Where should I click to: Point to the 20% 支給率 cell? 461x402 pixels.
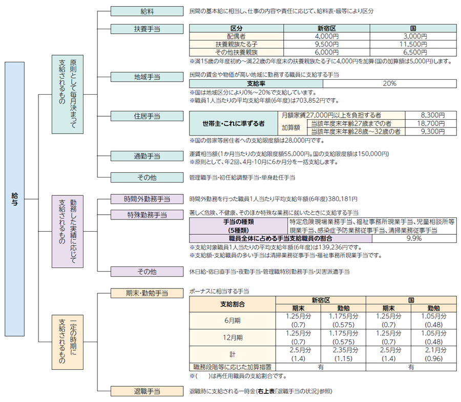[x=388, y=84]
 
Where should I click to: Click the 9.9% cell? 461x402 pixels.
[x=413, y=238]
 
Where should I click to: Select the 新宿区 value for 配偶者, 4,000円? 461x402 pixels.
[x=326, y=37]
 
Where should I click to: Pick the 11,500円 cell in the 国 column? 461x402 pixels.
[x=412, y=44]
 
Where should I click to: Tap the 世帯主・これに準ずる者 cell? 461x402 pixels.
[x=233, y=124]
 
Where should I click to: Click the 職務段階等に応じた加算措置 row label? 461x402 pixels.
[x=232, y=367]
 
